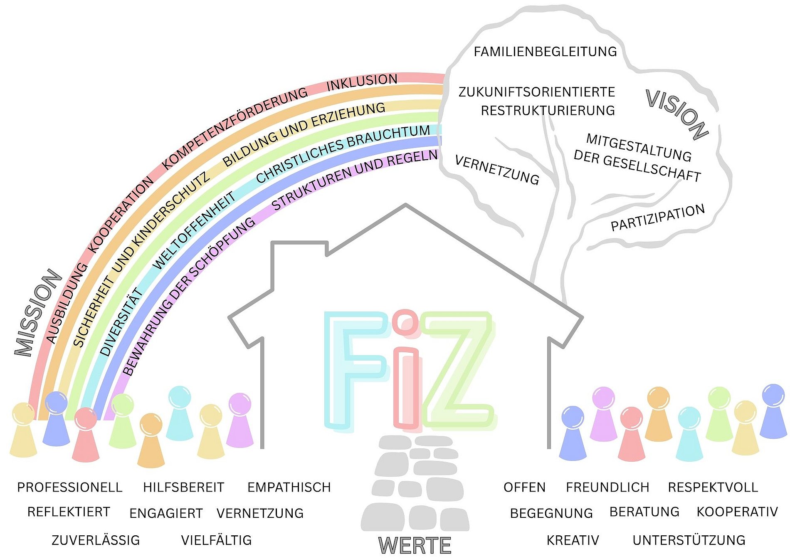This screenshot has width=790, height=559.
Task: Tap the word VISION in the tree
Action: click(x=677, y=114)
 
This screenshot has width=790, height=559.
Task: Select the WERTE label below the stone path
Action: click(x=415, y=545)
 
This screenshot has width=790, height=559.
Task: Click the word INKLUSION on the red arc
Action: click(x=362, y=82)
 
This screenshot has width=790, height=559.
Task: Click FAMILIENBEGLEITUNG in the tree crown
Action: click(x=545, y=52)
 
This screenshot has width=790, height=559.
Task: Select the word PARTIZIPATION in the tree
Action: click(x=657, y=218)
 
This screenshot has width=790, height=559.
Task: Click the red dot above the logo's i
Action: click(x=405, y=322)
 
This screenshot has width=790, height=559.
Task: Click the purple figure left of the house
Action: click(x=240, y=420)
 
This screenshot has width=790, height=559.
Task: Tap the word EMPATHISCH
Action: click(x=289, y=487)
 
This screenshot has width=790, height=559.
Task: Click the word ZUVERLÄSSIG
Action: click(x=96, y=540)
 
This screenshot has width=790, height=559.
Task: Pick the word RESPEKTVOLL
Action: click(x=713, y=487)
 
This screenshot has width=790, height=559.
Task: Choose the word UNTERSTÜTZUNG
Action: click(x=689, y=540)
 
